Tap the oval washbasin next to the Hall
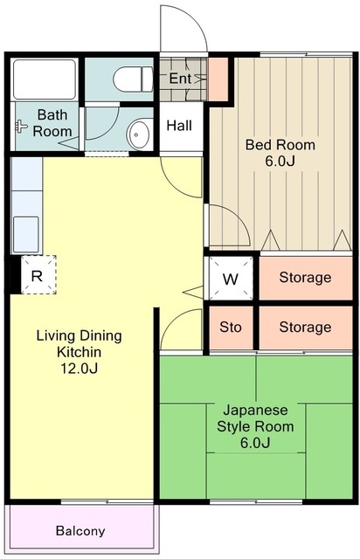tap(138, 135)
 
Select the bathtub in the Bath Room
tap(45, 79)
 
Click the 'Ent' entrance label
tap(180, 79)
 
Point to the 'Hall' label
tap(179, 126)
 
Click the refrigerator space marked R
tap(38, 275)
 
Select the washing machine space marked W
tap(231, 279)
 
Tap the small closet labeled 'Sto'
tap(231, 328)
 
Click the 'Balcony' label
tap(80, 531)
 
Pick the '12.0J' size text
tap(79, 369)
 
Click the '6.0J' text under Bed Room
tap(280, 162)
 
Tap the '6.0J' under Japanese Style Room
tap(255, 443)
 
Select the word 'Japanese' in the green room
tap(255, 411)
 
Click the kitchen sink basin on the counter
tap(26, 234)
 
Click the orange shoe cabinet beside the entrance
tap(218, 79)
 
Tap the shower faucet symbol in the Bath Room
tap(21, 126)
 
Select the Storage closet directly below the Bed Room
tap(306, 278)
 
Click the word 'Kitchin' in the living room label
tap(80, 352)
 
